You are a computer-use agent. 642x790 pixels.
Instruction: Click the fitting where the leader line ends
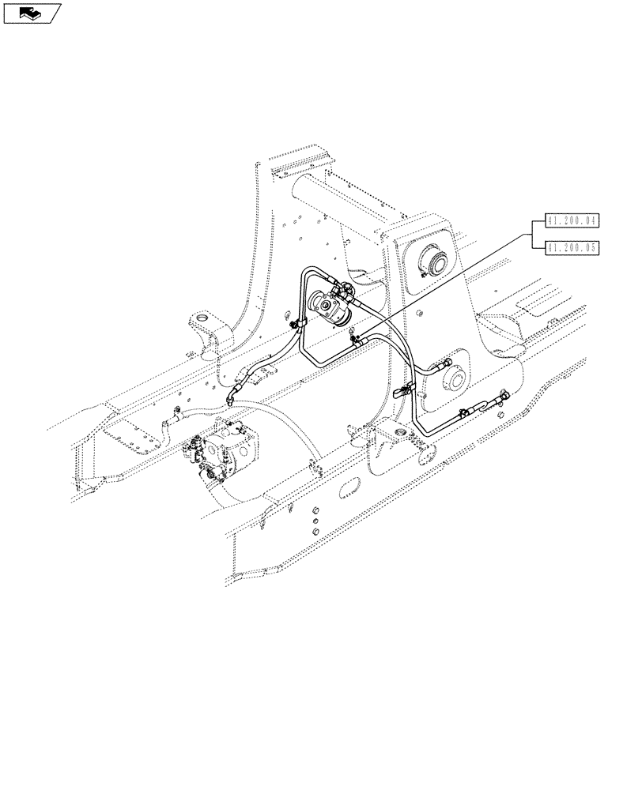(355, 340)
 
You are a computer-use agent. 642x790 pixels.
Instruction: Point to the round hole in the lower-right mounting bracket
(395, 436)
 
